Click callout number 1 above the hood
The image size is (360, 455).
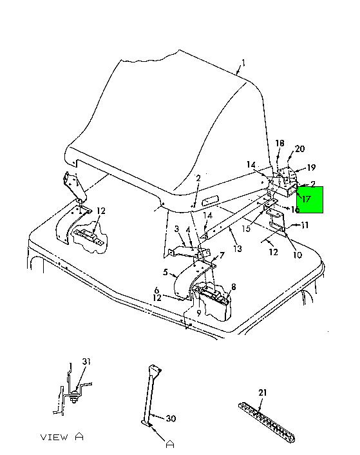(x=243, y=63)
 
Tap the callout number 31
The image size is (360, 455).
(x=86, y=362)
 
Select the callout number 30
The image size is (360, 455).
(x=171, y=418)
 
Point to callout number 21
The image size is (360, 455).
(x=262, y=392)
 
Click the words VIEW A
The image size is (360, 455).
(x=62, y=437)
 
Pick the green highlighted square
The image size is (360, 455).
(x=310, y=200)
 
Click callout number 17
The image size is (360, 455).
(x=307, y=198)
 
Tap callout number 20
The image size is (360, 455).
(x=299, y=149)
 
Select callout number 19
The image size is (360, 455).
(x=311, y=168)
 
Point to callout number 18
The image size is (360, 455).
(x=279, y=143)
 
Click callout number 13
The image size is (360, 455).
(x=238, y=249)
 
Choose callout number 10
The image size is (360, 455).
(x=298, y=255)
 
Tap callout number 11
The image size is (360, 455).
(x=305, y=225)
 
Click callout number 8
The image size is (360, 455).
(x=233, y=287)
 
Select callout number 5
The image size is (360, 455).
(x=166, y=272)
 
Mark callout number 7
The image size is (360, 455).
(x=222, y=255)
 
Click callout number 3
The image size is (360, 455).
(x=177, y=229)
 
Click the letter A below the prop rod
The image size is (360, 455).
(x=170, y=444)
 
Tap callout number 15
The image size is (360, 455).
(x=246, y=228)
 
